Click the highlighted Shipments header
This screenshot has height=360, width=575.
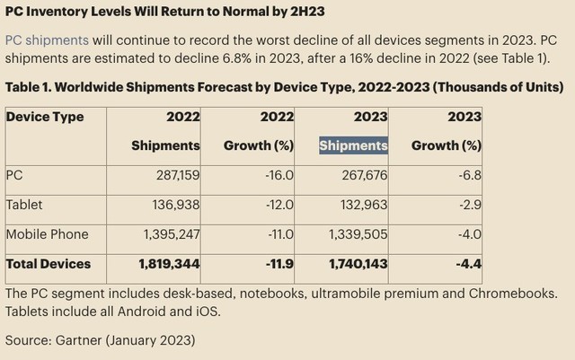click(354, 145)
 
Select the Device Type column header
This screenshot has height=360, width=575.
click(45, 117)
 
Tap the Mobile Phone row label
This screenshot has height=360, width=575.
click(48, 234)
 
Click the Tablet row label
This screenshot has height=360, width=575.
click(24, 205)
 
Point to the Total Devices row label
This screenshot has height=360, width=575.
click(49, 264)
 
